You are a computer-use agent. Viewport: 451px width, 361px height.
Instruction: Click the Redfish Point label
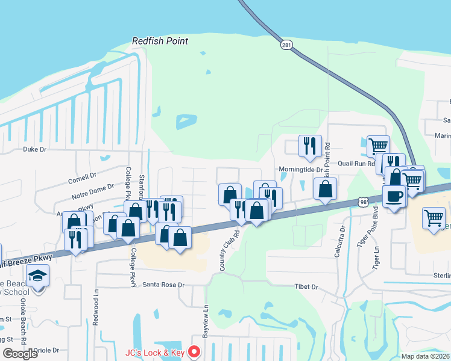pos(160,42)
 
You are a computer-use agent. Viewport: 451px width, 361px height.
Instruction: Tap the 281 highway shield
pos(285,45)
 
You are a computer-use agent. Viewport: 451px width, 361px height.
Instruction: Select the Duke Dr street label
pos(34,149)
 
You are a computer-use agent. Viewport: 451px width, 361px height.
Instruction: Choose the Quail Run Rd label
pos(356,163)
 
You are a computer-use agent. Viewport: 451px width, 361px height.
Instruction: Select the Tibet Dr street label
pos(306,287)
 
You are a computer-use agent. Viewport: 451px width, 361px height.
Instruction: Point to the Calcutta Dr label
pos(338,242)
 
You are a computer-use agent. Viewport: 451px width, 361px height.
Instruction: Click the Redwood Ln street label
pos(96,303)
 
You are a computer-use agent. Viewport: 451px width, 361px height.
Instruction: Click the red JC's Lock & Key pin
pos(194,352)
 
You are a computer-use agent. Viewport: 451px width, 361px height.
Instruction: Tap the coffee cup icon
pos(394,197)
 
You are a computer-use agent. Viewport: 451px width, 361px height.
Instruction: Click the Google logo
pos(20,354)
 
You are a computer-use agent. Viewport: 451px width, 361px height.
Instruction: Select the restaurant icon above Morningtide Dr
pos(310,146)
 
